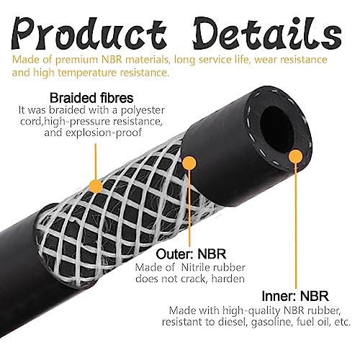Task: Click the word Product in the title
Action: tap(89, 32)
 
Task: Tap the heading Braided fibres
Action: tap(91, 98)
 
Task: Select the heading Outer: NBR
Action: tap(191, 254)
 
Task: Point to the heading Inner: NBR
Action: tap(295, 296)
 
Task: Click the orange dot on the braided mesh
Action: tap(96, 186)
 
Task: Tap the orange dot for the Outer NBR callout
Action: tap(189, 163)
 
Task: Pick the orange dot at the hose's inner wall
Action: tap(295, 157)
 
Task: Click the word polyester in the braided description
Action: tap(143, 110)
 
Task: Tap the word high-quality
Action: tap(251, 311)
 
